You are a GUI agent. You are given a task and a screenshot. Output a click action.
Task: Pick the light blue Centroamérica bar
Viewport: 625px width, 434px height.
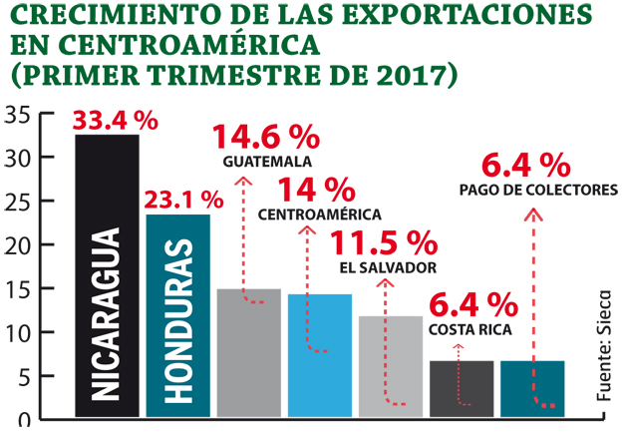tap(319, 355)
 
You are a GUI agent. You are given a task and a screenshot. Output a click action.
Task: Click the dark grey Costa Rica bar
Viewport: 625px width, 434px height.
tap(461, 389)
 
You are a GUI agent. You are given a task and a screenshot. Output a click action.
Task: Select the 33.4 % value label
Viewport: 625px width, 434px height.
tap(117, 120)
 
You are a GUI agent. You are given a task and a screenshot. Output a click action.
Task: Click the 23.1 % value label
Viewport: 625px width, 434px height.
tap(182, 200)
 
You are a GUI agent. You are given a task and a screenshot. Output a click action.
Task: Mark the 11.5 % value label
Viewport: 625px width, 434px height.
tap(384, 243)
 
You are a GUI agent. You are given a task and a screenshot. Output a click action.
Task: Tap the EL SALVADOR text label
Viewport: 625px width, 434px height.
tap(388, 267)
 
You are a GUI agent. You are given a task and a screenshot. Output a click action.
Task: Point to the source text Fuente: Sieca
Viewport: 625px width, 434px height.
tap(605, 344)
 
